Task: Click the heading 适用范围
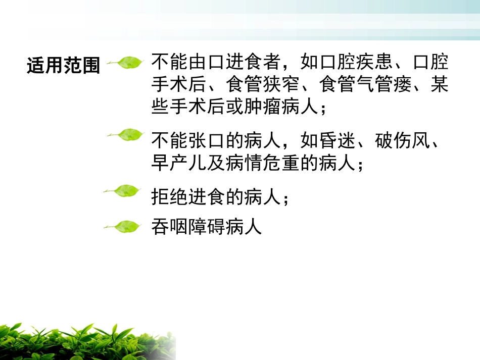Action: [x=64, y=66]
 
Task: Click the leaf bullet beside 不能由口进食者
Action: [x=126, y=63]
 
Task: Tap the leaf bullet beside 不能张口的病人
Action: [x=126, y=135]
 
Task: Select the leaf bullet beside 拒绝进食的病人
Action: [x=122, y=191]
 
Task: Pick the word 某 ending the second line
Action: [x=439, y=85]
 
